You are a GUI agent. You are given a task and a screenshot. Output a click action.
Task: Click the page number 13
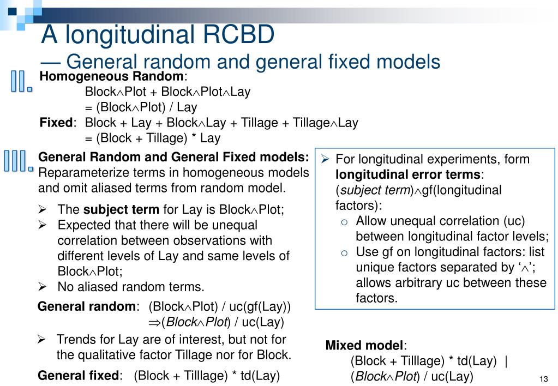543,379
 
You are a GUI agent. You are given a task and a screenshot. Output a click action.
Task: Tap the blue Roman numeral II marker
21,81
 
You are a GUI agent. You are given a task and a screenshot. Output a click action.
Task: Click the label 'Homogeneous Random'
112,76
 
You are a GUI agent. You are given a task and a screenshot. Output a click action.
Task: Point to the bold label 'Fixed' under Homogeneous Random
56,123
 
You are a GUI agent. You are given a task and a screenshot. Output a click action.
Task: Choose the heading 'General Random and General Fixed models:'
173,158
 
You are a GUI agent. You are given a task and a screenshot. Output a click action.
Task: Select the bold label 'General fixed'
78,375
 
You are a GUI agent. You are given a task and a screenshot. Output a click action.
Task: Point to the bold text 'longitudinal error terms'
408,174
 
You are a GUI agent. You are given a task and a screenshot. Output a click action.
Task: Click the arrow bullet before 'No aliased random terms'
42,287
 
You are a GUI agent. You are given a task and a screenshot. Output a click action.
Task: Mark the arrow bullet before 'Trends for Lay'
41,340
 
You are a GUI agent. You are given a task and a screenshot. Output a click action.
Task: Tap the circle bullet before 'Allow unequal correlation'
344,221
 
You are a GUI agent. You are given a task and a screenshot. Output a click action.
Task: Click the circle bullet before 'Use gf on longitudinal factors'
344,252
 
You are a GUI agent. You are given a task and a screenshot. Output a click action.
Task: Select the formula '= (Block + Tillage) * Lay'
152,138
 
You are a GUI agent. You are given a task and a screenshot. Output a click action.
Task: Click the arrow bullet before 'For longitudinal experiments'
324,159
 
